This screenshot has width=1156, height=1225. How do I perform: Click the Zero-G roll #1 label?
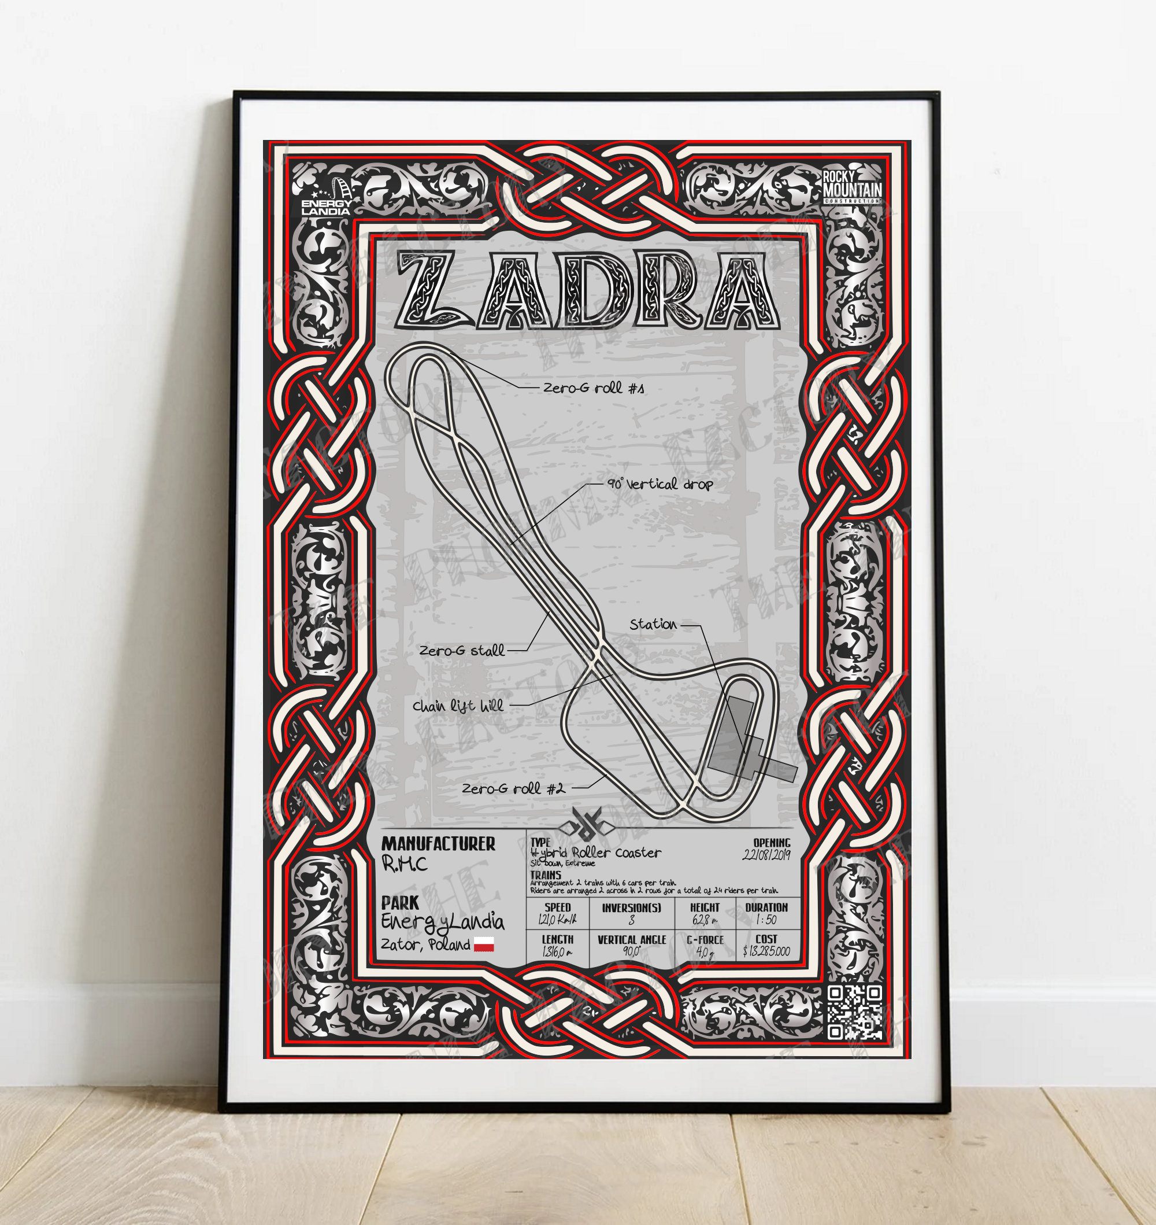pos(594,387)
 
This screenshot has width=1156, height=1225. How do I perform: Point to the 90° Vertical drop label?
pos(660,484)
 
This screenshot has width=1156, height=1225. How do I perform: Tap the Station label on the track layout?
pos(653,624)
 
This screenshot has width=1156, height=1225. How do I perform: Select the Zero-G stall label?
pos(462,651)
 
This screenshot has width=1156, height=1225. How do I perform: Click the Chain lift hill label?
pos(458,706)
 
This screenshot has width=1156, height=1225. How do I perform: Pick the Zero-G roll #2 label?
pos(513,788)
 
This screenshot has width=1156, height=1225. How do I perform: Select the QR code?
pos(854,1012)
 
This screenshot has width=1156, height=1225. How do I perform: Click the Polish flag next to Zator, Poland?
pos(484,944)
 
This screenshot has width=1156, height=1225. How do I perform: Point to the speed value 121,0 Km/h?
pos(557,920)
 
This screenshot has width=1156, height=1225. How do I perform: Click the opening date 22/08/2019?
pos(766,854)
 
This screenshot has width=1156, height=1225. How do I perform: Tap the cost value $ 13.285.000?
pos(766,951)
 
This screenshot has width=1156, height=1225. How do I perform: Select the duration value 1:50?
pos(766,920)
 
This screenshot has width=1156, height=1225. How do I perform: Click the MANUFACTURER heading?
pos(438,844)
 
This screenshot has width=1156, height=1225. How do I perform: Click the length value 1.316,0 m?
pos(557,951)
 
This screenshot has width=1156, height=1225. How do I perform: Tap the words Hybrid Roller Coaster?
pos(596,853)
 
